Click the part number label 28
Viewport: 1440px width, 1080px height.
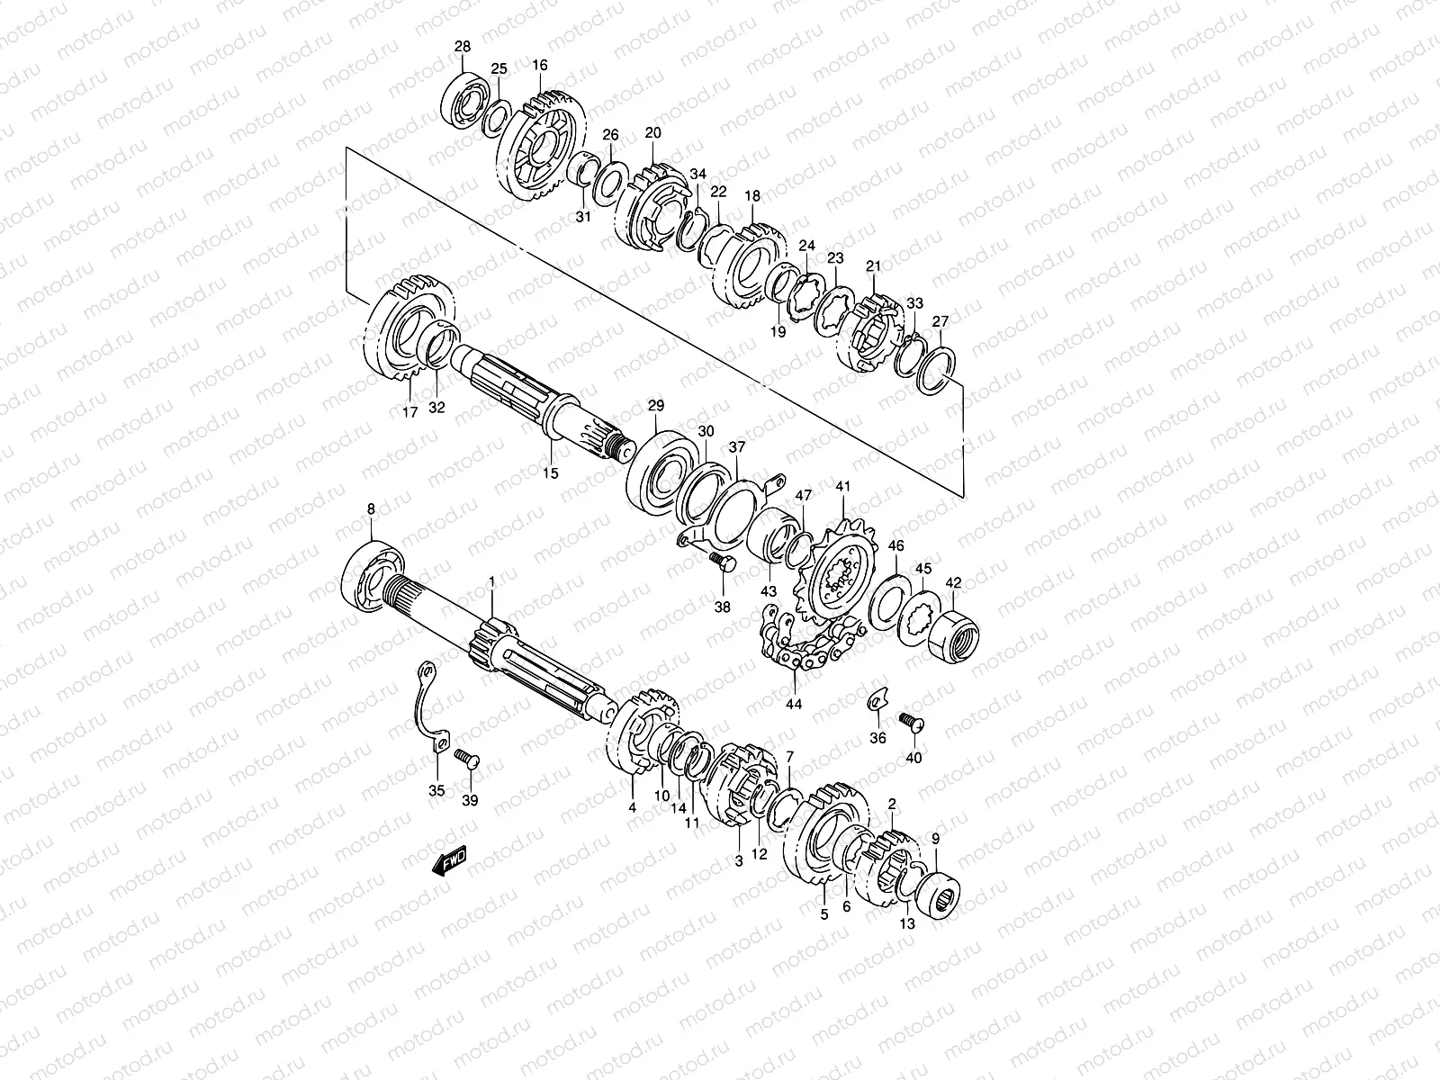(463, 46)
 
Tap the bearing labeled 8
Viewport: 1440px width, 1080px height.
(371, 573)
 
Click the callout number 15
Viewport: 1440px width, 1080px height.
(549, 472)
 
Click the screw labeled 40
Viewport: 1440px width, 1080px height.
(911, 720)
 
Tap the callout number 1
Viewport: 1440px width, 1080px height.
(491, 583)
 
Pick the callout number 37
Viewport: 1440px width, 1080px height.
(737, 447)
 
